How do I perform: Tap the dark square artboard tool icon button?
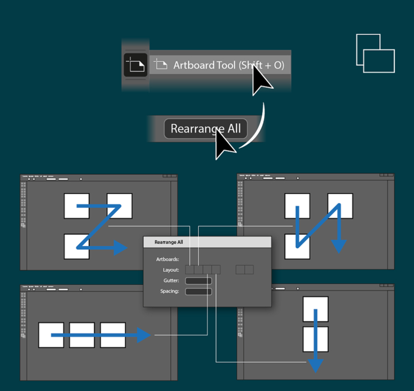tap(135, 65)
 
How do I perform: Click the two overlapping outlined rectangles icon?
tap(375, 53)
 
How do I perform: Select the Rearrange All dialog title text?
tap(169, 242)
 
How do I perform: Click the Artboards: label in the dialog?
tap(167, 259)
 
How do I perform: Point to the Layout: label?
tap(171, 270)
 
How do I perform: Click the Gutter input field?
tap(198, 281)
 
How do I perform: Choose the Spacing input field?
tap(198, 292)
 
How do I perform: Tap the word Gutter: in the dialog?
tap(171, 281)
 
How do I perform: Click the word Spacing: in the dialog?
tap(170, 292)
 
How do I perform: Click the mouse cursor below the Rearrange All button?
tap(225, 145)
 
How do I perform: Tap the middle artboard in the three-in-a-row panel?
tap(81, 335)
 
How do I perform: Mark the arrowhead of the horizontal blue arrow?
tap(144, 335)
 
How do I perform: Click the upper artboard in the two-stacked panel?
tap(316, 310)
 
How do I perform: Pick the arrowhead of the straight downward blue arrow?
tap(316, 363)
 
